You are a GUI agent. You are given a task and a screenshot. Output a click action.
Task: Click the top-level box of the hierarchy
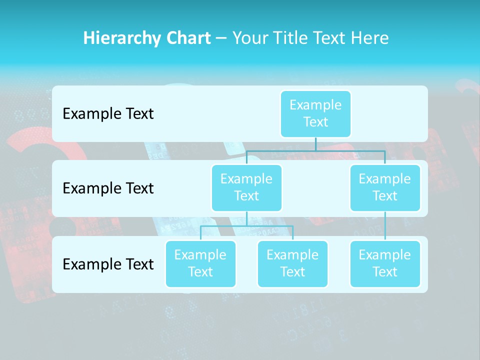[315, 113]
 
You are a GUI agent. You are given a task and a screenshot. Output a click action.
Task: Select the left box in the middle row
[246, 187]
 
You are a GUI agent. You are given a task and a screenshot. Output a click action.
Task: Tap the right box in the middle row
[385, 187]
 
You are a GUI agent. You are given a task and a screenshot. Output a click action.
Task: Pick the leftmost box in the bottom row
[200, 263]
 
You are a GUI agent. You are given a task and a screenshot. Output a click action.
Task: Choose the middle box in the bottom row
[292, 263]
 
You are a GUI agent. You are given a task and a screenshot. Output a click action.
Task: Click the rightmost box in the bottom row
[385, 263]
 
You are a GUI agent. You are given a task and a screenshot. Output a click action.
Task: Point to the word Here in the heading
[370, 38]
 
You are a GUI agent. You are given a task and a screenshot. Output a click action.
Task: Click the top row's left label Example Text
[108, 114]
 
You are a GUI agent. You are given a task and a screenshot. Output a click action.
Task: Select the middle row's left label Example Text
[108, 188]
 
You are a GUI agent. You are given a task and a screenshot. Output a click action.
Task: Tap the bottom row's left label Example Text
[108, 264]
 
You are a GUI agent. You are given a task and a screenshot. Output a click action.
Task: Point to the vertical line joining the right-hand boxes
[385, 226]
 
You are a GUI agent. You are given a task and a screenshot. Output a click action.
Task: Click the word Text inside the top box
[315, 122]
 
